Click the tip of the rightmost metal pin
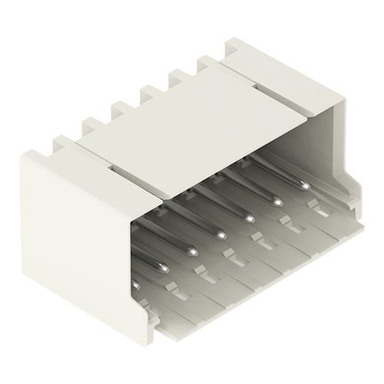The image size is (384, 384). click(305, 185)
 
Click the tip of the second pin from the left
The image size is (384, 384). click(190, 252)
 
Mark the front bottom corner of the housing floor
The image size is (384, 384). click(157, 338)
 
